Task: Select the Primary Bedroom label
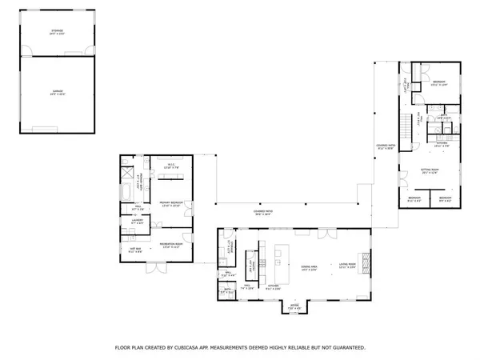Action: [x=170, y=204]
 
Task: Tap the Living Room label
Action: [x=346, y=266]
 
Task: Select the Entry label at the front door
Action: [x=294, y=306]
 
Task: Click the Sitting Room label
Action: [x=433, y=170]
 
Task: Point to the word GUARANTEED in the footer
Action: [x=344, y=348]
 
